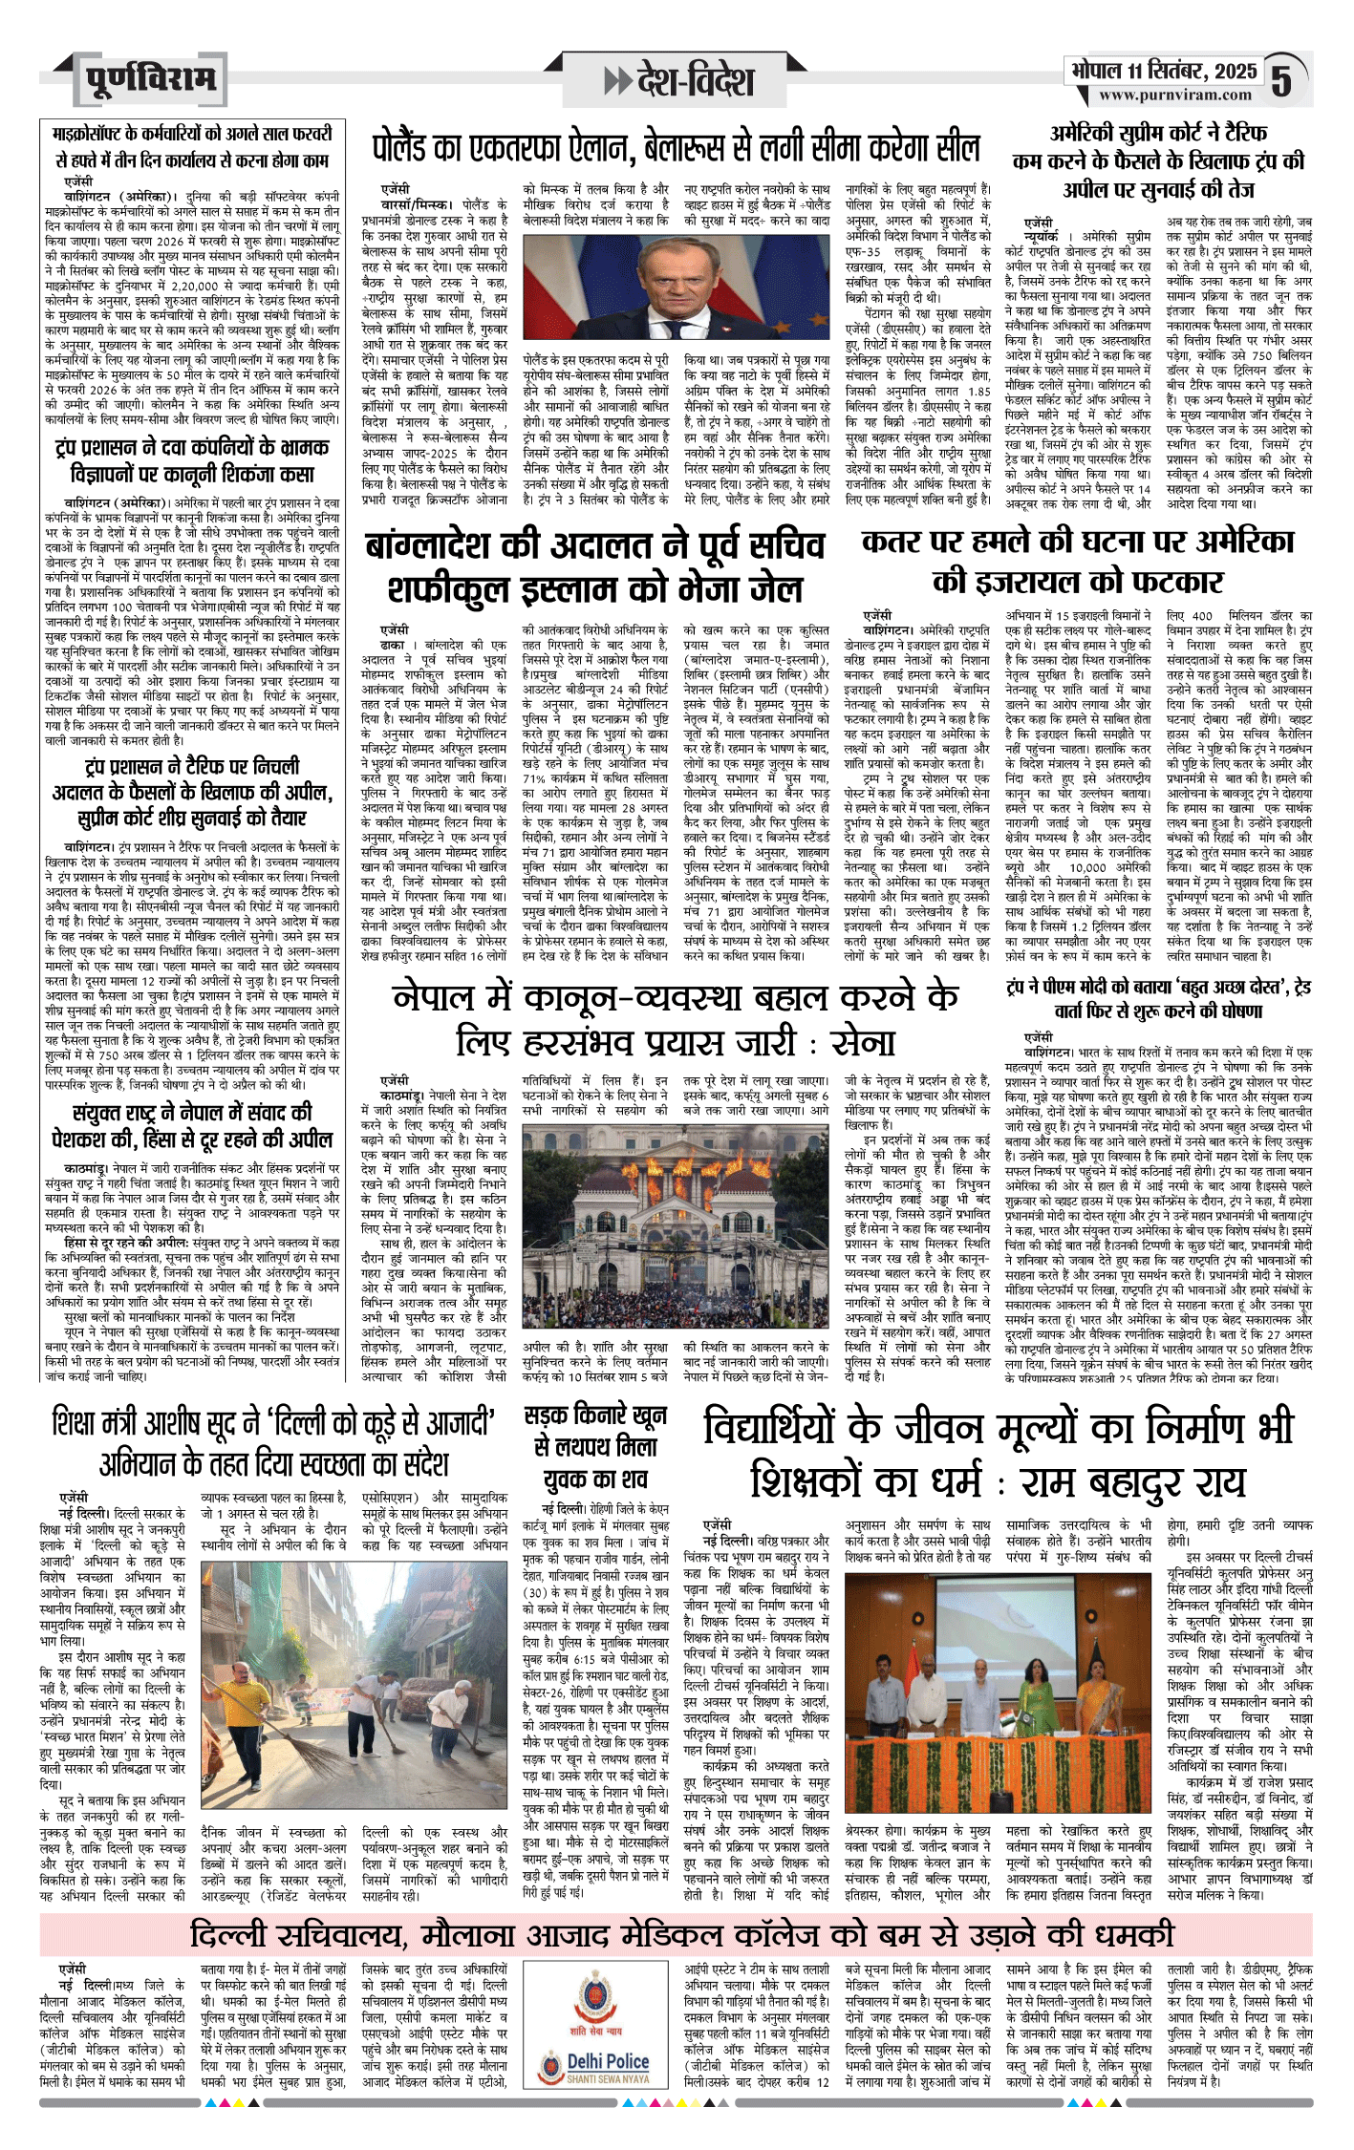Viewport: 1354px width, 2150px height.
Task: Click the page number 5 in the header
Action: coord(1281,81)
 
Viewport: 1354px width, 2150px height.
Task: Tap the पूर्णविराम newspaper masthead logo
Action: coord(149,80)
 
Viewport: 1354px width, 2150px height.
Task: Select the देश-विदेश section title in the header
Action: coord(695,82)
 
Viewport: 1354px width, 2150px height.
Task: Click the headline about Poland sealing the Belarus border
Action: coord(676,148)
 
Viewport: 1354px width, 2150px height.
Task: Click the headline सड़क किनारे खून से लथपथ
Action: coord(595,1447)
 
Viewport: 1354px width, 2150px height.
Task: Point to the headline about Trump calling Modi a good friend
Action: coord(1158,998)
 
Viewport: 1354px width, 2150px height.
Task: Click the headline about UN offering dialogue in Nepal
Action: coord(192,1125)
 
